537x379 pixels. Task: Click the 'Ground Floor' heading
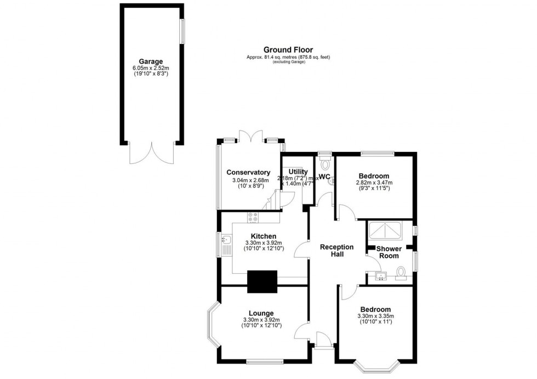(288, 50)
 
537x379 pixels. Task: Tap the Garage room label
(151, 61)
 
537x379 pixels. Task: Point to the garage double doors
(152, 153)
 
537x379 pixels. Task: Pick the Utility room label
(298, 172)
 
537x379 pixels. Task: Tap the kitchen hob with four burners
(253, 217)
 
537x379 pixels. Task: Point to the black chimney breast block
(262, 282)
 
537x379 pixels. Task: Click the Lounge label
(261, 313)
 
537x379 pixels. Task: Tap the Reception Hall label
(337, 251)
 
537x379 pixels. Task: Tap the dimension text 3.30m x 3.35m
(375, 316)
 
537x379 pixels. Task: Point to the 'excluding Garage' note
(288, 62)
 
